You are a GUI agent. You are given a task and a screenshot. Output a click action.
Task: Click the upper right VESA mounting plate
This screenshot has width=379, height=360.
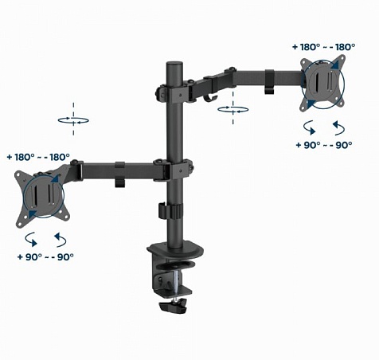coord(324,83)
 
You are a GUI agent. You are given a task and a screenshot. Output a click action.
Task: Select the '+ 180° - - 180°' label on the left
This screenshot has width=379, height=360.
coord(38,157)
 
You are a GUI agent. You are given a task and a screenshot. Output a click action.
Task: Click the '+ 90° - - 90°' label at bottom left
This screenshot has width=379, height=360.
coord(45,256)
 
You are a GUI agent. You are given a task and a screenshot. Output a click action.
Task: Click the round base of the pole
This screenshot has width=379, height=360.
coord(174,243)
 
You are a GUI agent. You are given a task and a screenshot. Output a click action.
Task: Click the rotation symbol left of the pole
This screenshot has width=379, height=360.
coord(73,119)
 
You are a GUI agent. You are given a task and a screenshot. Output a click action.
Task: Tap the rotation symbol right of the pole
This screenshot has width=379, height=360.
coord(233,108)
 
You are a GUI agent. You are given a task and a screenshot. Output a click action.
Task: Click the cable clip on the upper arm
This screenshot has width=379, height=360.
coord(270,79)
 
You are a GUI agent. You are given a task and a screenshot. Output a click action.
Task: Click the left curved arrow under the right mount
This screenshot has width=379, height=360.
coord(309,127)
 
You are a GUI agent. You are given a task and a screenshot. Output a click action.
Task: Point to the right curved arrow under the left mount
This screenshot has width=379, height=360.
coord(59,238)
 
